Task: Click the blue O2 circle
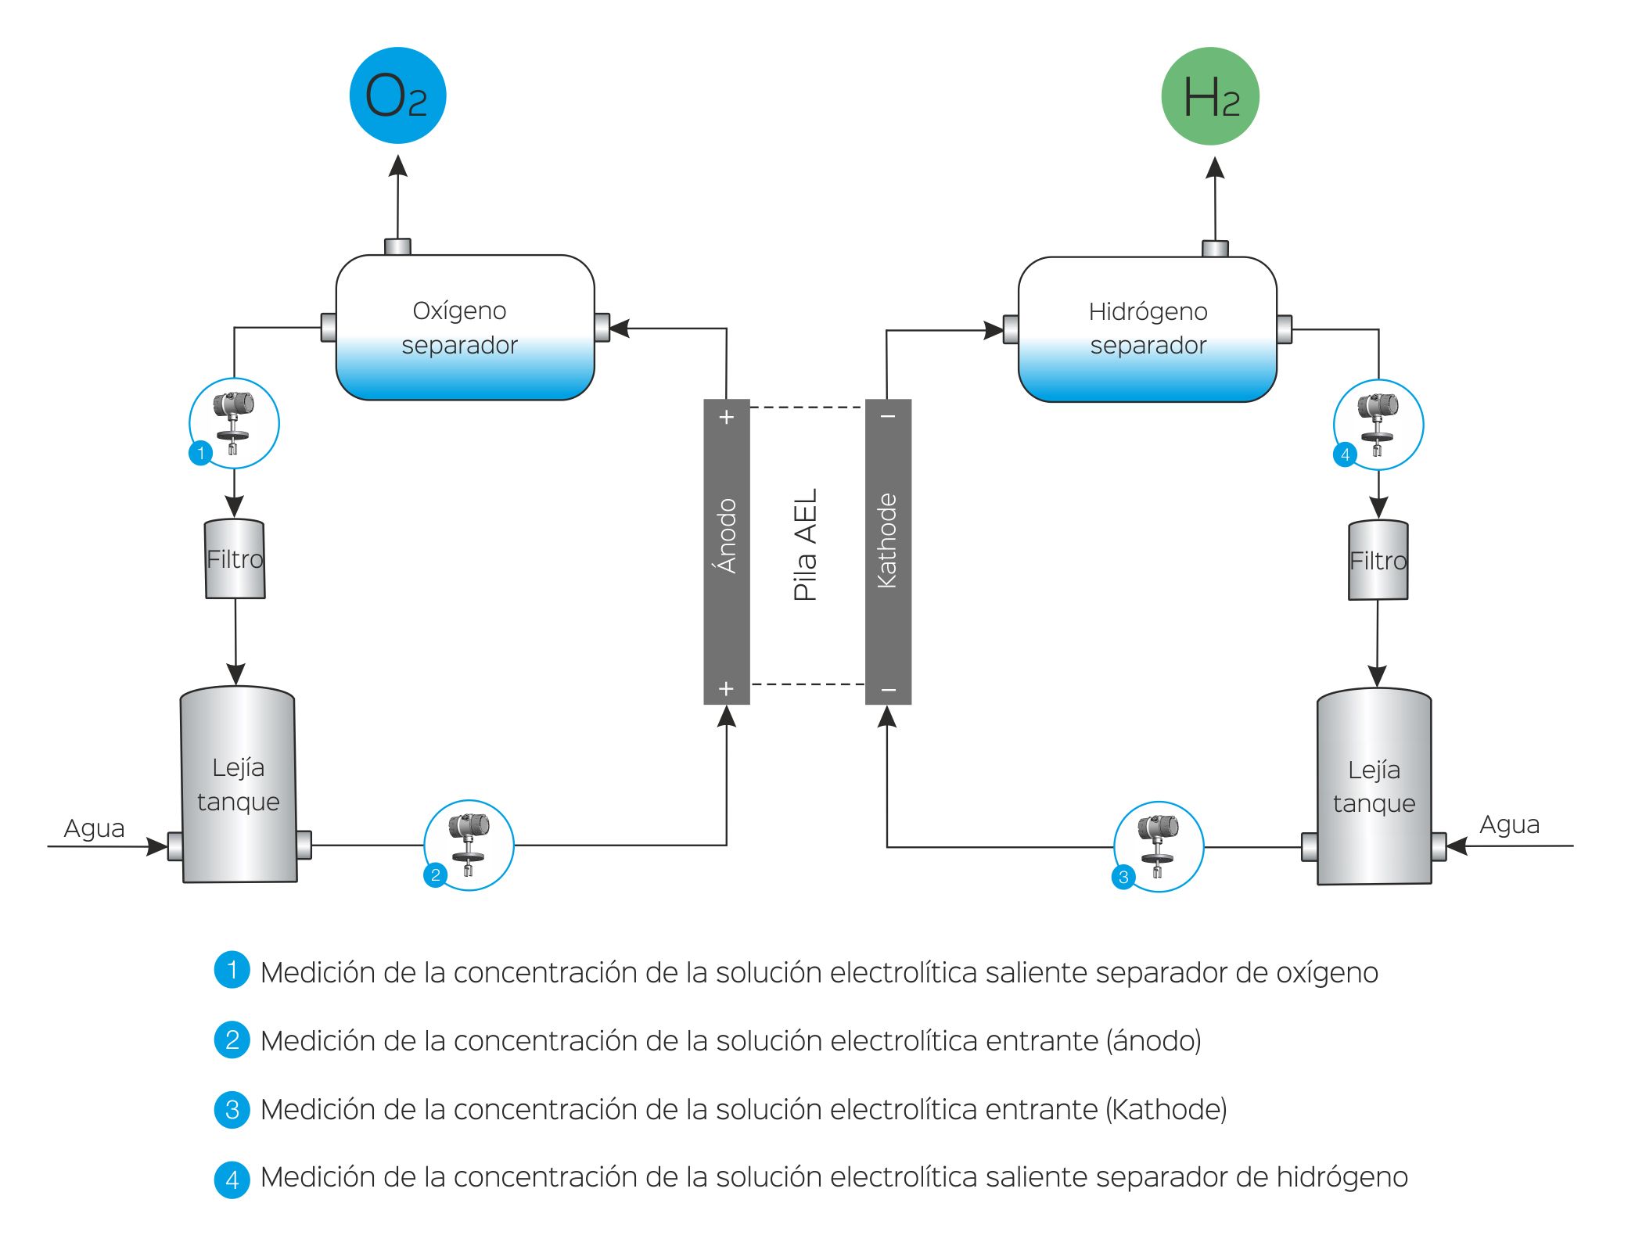tap(397, 95)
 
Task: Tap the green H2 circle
tap(1209, 96)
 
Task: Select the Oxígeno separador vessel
tap(465, 328)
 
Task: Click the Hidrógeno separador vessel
tap(1147, 329)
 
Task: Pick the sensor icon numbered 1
tap(234, 423)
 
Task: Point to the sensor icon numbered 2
tap(468, 845)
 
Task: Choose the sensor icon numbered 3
tap(1158, 846)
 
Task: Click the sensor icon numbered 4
tap(1378, 425)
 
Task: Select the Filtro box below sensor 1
tap(235, 559)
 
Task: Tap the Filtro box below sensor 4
tap(1378, 561)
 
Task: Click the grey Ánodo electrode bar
tap(727, 551)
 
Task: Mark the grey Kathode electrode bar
tap(888, 551)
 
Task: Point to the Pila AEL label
tap(806, 545)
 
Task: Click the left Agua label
tap(94, 828)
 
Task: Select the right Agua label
tap(1509, 824)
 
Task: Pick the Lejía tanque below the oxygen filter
tap(239, 785)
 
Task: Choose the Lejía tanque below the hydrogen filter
tap(1374, 786)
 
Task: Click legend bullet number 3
tap(232, 1109)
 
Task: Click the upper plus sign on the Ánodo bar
tap(727, 417)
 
